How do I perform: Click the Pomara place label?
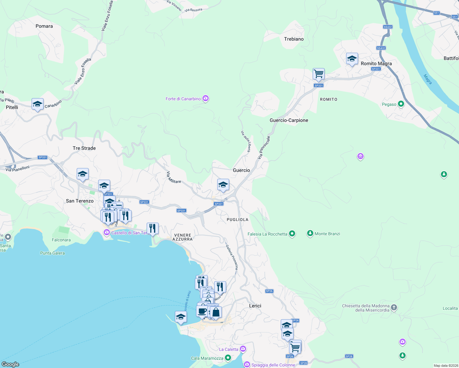click(44, 26)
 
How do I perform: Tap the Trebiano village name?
click(294, 39)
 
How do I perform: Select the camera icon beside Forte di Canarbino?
click(206, 98)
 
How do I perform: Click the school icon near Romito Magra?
click(352, 58)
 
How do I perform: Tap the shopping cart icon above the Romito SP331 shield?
click(318, 73)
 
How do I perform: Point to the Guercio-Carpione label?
click(289, 120)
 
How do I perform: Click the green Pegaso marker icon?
click(401, 104)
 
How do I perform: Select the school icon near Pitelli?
click(37, 104)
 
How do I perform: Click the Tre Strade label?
click(84, 148)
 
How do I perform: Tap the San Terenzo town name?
click(80, 201)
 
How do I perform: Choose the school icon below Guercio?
click(223, 184)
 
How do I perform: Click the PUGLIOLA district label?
click(237, 220)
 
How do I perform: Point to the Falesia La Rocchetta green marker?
click(292, 234)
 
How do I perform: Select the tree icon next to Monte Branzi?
click(310, 233)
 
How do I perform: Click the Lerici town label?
click(255, 306)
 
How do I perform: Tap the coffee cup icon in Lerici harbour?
click(202, 311)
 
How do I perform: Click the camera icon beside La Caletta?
click(243, 349)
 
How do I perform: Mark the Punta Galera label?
click(52, 253)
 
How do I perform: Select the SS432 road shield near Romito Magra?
click(381, 48)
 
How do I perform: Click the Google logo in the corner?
click(10, 364)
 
